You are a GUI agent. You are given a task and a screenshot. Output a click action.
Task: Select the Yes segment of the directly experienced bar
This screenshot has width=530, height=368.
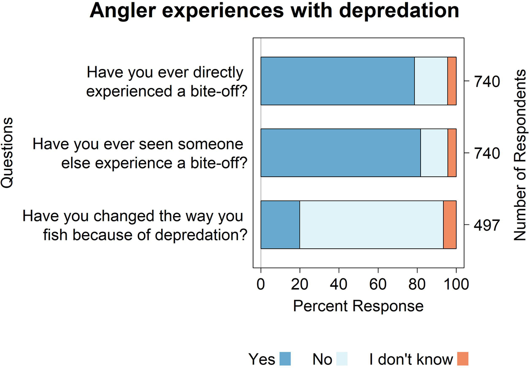pos(337,81)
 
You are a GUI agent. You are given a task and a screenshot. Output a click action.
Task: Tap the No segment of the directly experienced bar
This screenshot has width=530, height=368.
pos(431,81)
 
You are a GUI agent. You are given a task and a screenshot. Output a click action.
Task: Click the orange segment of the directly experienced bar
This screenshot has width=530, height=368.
pos(452,81)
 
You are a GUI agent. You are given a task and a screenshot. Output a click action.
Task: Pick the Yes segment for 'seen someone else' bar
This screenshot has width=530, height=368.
pos(341,153)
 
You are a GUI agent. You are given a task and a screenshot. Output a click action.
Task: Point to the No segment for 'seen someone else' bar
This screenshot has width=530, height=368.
pos(434,153)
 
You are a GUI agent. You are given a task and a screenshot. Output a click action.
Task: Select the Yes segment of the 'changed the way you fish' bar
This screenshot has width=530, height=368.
pos(280,225)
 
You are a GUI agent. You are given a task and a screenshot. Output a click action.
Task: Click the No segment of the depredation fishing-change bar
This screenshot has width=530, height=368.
pos(371,225)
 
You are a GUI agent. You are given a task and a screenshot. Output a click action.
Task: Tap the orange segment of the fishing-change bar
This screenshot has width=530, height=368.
pos(450,225)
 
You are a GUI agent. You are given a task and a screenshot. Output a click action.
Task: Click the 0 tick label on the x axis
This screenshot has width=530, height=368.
pos(261,284)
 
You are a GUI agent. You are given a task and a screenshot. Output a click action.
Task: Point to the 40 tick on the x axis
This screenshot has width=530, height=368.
pos(339,284)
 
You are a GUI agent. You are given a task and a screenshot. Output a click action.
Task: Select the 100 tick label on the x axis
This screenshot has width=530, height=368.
pos(456,284)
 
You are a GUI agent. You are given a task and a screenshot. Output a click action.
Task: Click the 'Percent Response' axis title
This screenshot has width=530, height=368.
pos(358,306)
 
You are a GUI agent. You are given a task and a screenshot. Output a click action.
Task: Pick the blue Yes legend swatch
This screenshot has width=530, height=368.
pos(285,359)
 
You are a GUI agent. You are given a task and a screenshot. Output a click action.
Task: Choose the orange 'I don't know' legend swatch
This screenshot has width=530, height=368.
pos(462,359)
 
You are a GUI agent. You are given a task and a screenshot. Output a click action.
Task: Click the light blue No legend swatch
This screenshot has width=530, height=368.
pos(342,359)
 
